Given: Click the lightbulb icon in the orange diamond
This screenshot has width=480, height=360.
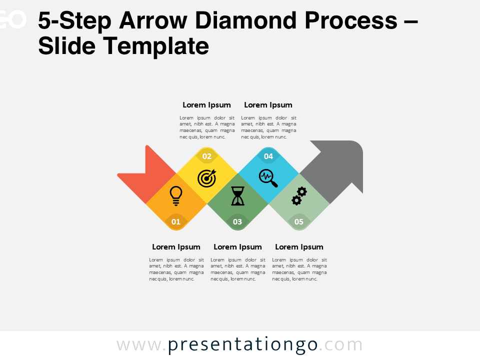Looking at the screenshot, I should pos(175,195).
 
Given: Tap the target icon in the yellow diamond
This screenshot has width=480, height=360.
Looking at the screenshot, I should pos(207,177).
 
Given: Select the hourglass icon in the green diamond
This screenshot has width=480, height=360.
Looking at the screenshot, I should pos(238,196).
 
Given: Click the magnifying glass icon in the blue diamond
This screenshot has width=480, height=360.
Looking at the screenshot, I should pos(268,177).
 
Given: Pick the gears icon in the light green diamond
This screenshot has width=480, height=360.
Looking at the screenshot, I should pos(299,195).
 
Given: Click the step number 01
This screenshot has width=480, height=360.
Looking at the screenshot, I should pos(176,221).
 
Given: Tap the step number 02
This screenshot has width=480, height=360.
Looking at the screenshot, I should pos(207,156).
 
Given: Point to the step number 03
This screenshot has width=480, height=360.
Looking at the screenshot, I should pos(237,221).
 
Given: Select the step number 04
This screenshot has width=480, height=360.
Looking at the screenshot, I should pos(268,156).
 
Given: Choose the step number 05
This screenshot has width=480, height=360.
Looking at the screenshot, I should pos(299,221).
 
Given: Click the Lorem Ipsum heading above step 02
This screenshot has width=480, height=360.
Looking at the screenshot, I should pos(206,105).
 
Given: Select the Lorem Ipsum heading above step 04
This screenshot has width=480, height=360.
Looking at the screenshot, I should pos(268,105).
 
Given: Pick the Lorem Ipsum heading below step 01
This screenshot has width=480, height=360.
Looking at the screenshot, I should pos(176,247).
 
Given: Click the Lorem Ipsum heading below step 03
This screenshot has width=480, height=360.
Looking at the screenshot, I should pos(237,247).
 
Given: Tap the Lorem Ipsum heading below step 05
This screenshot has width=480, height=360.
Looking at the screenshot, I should pos(299,247).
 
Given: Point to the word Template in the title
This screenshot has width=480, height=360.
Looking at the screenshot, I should pos(156,46).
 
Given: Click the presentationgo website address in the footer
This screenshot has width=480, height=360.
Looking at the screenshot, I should pos(239,345).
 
